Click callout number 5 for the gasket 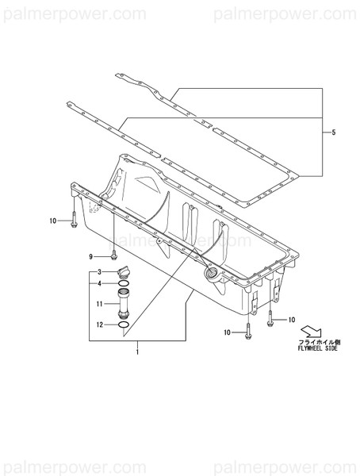click(x=334, y=132)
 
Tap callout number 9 click(x=91, y=256)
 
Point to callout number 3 click(x=100, y=273)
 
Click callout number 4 click(x=100, y=283)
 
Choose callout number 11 click(x=100, y=304)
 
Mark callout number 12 click(x=100, y=324)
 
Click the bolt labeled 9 click(x=115, y=255)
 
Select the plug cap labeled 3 click(x=123, y=273)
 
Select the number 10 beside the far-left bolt click(x=52, y=221)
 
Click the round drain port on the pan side click(x=213, y=274)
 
